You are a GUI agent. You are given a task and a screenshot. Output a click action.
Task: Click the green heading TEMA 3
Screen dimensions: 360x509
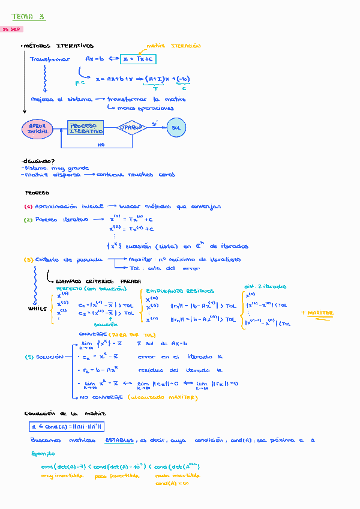(x=28, y=17)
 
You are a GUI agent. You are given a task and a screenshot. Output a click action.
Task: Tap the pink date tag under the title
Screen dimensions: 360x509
(x=12, y=29)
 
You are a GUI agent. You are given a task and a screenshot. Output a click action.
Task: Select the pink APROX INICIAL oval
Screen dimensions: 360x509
(x=38, y=128)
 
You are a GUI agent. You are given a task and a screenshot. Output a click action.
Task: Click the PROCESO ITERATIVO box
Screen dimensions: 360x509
(x=86, y=128)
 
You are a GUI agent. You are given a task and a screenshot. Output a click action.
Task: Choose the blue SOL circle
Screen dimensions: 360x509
(x=176, y=128)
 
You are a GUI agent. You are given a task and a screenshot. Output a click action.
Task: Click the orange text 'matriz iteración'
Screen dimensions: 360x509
(x=174, y=46)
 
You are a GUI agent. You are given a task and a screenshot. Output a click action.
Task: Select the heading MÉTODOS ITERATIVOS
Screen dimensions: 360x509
(x=58, y=46)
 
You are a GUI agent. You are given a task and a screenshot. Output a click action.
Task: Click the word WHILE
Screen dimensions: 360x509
(x=37, y=309)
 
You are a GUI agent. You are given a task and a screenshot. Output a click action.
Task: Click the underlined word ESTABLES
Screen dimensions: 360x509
(x=119, y=440)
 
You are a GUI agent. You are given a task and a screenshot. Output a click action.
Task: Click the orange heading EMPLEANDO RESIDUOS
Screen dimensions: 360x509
(x=179, y=291)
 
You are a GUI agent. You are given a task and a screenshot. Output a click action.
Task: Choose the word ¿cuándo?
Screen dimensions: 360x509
(x=38, y=161)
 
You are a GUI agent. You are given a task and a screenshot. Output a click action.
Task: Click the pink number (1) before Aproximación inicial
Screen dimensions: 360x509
(x=28, y=206)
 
